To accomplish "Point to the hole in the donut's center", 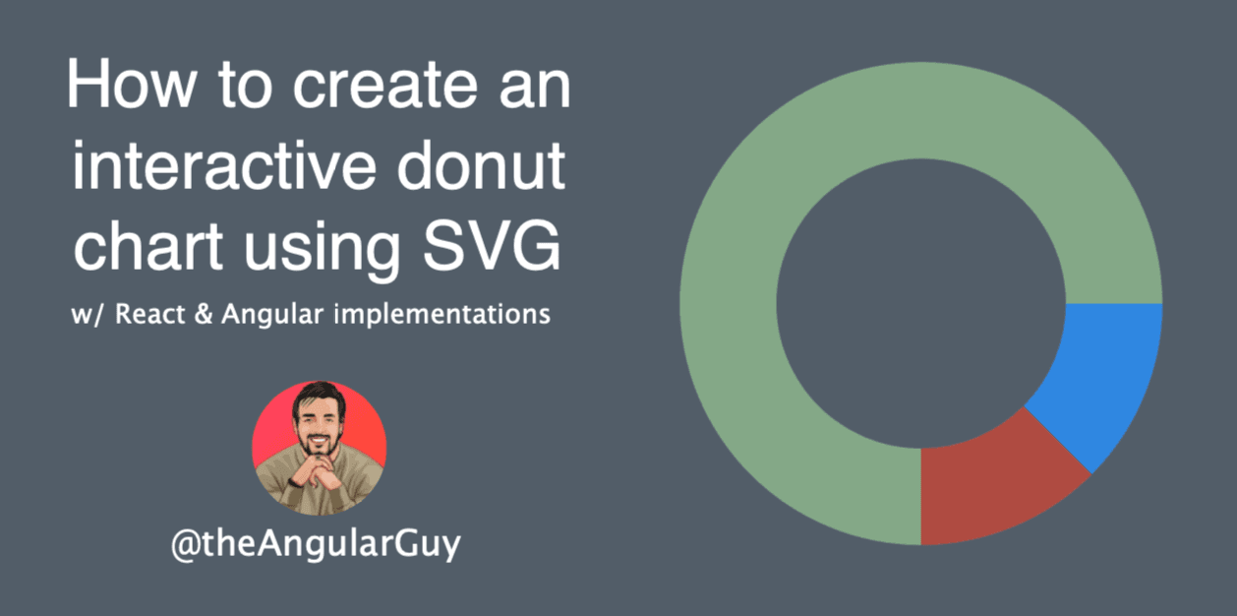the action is click(x=920, y=303).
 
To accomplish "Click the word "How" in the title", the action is click(x=132, y=85).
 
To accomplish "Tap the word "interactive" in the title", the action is click(x=224, y=164).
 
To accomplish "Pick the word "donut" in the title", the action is click(x=481, y=164).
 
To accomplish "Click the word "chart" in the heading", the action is click(x=148, y=244).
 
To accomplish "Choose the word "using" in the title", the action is click(x=322, y=249).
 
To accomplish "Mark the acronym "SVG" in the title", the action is click(x=492, y=244).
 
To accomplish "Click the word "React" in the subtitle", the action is click(x=149, y=314).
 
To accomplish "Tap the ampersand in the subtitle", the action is click(x=204, y=314).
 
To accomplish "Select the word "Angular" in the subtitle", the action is click(x=272, y=316).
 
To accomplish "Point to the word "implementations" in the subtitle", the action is click(x=442, y=316).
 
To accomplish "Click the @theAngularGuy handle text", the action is click(x=316, y=545).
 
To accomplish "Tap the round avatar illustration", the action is click(x=320, y=448).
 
